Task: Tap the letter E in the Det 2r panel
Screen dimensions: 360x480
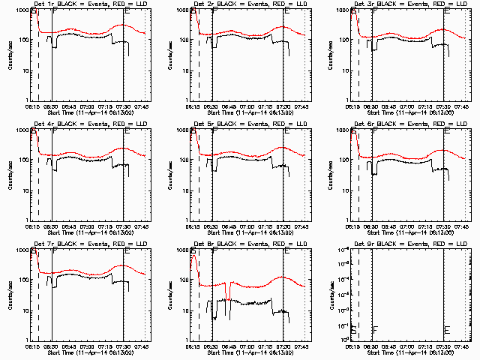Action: click(286, 13)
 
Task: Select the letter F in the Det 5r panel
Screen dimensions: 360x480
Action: click(214, 133)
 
